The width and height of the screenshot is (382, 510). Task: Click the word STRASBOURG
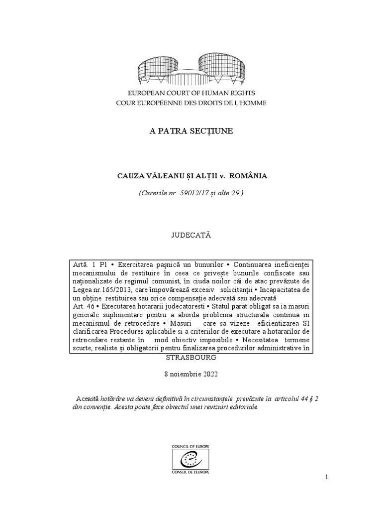pyautogui.click(x=191, y=358)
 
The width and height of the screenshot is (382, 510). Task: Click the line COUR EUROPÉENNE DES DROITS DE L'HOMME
pyautogui.click(x=191, y=103)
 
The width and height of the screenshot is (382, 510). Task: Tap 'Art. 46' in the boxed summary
pyautogui.click(x=81, y=307)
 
